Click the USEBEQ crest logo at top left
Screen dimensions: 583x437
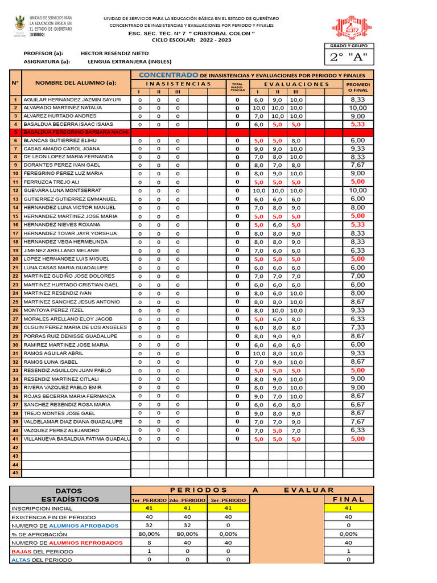point(19,26)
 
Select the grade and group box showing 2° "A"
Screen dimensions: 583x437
point(349,58)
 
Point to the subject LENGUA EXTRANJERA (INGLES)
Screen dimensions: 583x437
point(126,61)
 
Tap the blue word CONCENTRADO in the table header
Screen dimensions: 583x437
point(169,75)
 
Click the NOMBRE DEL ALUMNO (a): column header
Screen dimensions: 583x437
point(76,83)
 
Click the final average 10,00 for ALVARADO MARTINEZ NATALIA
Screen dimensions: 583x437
point(358,108)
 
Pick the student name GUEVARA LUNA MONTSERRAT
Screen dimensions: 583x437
point(63,190)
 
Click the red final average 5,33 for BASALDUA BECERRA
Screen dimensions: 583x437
point(358,124)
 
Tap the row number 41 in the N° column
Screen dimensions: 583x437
point(15,439)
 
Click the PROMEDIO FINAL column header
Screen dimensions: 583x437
point(358,87)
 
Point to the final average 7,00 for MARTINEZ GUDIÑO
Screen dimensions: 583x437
point(358,276)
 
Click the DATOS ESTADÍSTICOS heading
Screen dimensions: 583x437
point(68,495)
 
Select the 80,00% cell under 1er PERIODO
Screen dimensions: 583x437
point(150,534)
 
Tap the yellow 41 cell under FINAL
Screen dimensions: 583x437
point(349,508)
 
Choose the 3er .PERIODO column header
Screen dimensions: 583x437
point(228,500)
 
